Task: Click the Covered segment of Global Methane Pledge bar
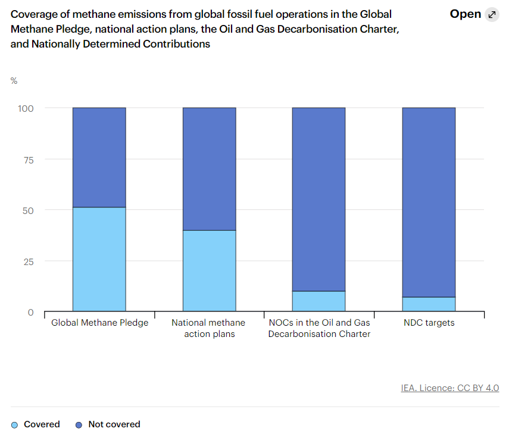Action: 99,259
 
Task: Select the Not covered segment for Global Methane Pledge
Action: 99,157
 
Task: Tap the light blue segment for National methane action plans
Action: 209,270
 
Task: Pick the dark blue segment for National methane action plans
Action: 209,169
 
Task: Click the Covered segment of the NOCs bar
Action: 318,301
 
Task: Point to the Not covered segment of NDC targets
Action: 429,202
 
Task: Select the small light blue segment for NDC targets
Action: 429,304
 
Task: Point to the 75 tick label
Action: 30,159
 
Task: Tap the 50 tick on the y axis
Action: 30,210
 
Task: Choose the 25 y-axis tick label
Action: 30,261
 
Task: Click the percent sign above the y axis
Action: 14,81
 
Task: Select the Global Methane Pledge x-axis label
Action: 99,323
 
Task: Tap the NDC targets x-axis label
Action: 429,323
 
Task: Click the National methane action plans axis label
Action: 208,328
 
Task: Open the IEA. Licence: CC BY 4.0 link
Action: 450,388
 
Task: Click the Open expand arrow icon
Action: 492,15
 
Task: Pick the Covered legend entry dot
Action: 15,425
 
